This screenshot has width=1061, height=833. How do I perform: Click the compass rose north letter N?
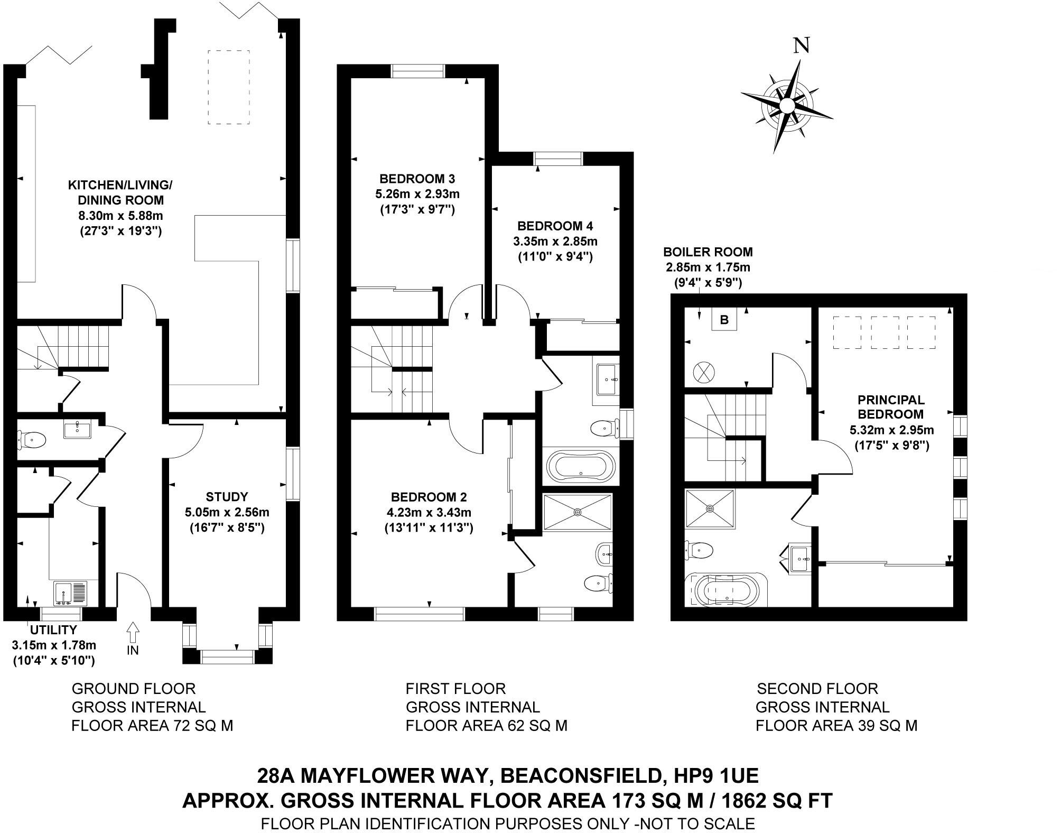[802, 46]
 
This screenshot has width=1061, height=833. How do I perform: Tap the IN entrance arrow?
[133, 632]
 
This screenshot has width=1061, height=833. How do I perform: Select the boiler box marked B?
[724, 320]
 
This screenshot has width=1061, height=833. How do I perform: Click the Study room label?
[227, 497]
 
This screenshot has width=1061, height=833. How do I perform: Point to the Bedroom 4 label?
[555, 226]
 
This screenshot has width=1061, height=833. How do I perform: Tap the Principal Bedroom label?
[890, 407]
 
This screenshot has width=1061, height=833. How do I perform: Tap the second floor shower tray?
[710, 508]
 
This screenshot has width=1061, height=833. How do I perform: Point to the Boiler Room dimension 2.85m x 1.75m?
[708, 267]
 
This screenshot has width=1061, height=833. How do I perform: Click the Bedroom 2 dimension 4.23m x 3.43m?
[429, 512]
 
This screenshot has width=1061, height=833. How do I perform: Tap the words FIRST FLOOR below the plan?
[455, 689]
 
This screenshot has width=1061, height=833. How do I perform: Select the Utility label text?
[53, 630]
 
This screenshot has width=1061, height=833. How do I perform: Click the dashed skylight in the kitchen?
[228, 87]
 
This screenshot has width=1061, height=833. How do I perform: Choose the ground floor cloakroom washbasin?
[77, 429]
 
